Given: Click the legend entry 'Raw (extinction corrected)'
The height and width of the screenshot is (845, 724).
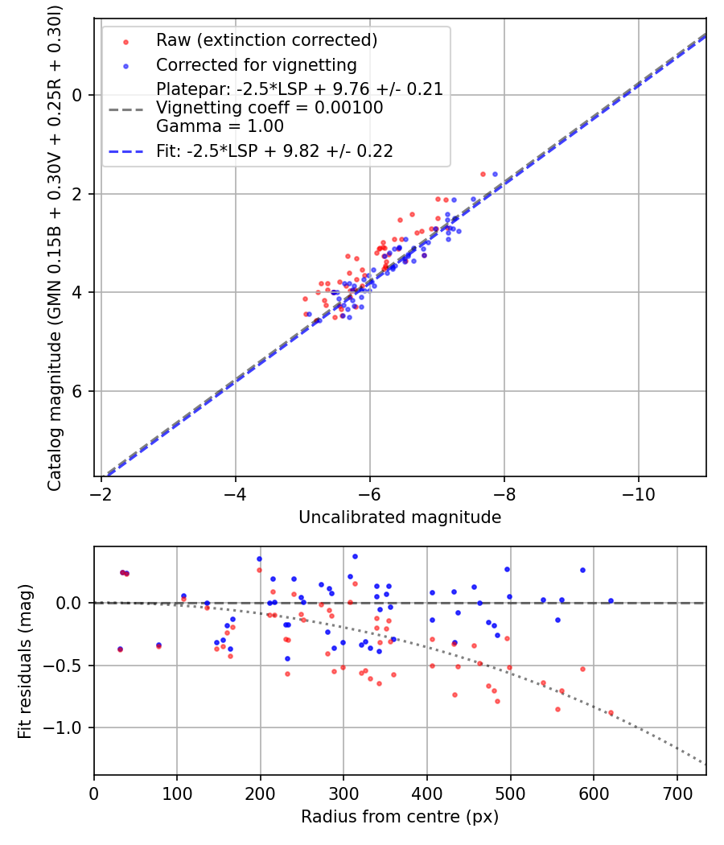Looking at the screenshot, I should pyautogui.click(x=266, y=40).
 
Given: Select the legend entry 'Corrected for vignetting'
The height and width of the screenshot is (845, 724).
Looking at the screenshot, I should pyautogui.click(x=256, y=64).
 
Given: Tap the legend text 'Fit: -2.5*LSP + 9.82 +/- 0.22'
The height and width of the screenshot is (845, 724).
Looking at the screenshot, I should pyautogui.click(x=274, y=150).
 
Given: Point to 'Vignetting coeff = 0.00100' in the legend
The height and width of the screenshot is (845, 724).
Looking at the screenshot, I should pyautogui.click(x=269, y=108).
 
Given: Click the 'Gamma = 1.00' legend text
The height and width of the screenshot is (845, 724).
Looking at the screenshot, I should pyautogui.click(x=220, y=126).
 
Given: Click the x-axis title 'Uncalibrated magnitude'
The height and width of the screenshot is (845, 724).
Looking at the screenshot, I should pyautogui.click(x=400, y=517).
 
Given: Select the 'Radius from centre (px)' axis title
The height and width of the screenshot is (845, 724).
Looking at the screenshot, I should pyautogui.click(x=400, y=817).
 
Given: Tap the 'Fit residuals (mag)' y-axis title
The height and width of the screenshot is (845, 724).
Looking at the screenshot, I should pyautogui.click(x=25, y=661).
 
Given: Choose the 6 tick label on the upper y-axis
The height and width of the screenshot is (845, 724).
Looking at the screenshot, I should pyautogui.click(x=78, y=391).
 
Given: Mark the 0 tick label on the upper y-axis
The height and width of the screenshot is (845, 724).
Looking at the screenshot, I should pyautogui.click(x=78, y=95).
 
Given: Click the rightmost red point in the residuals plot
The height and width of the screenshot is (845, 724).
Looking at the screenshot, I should pyautogui.click(x=611, y=712).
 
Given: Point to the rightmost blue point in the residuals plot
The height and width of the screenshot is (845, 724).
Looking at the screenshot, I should pyautogui.click(x=611, y=600).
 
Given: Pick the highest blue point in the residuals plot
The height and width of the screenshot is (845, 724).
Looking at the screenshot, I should pyautogui.click(x=355, y=556).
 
